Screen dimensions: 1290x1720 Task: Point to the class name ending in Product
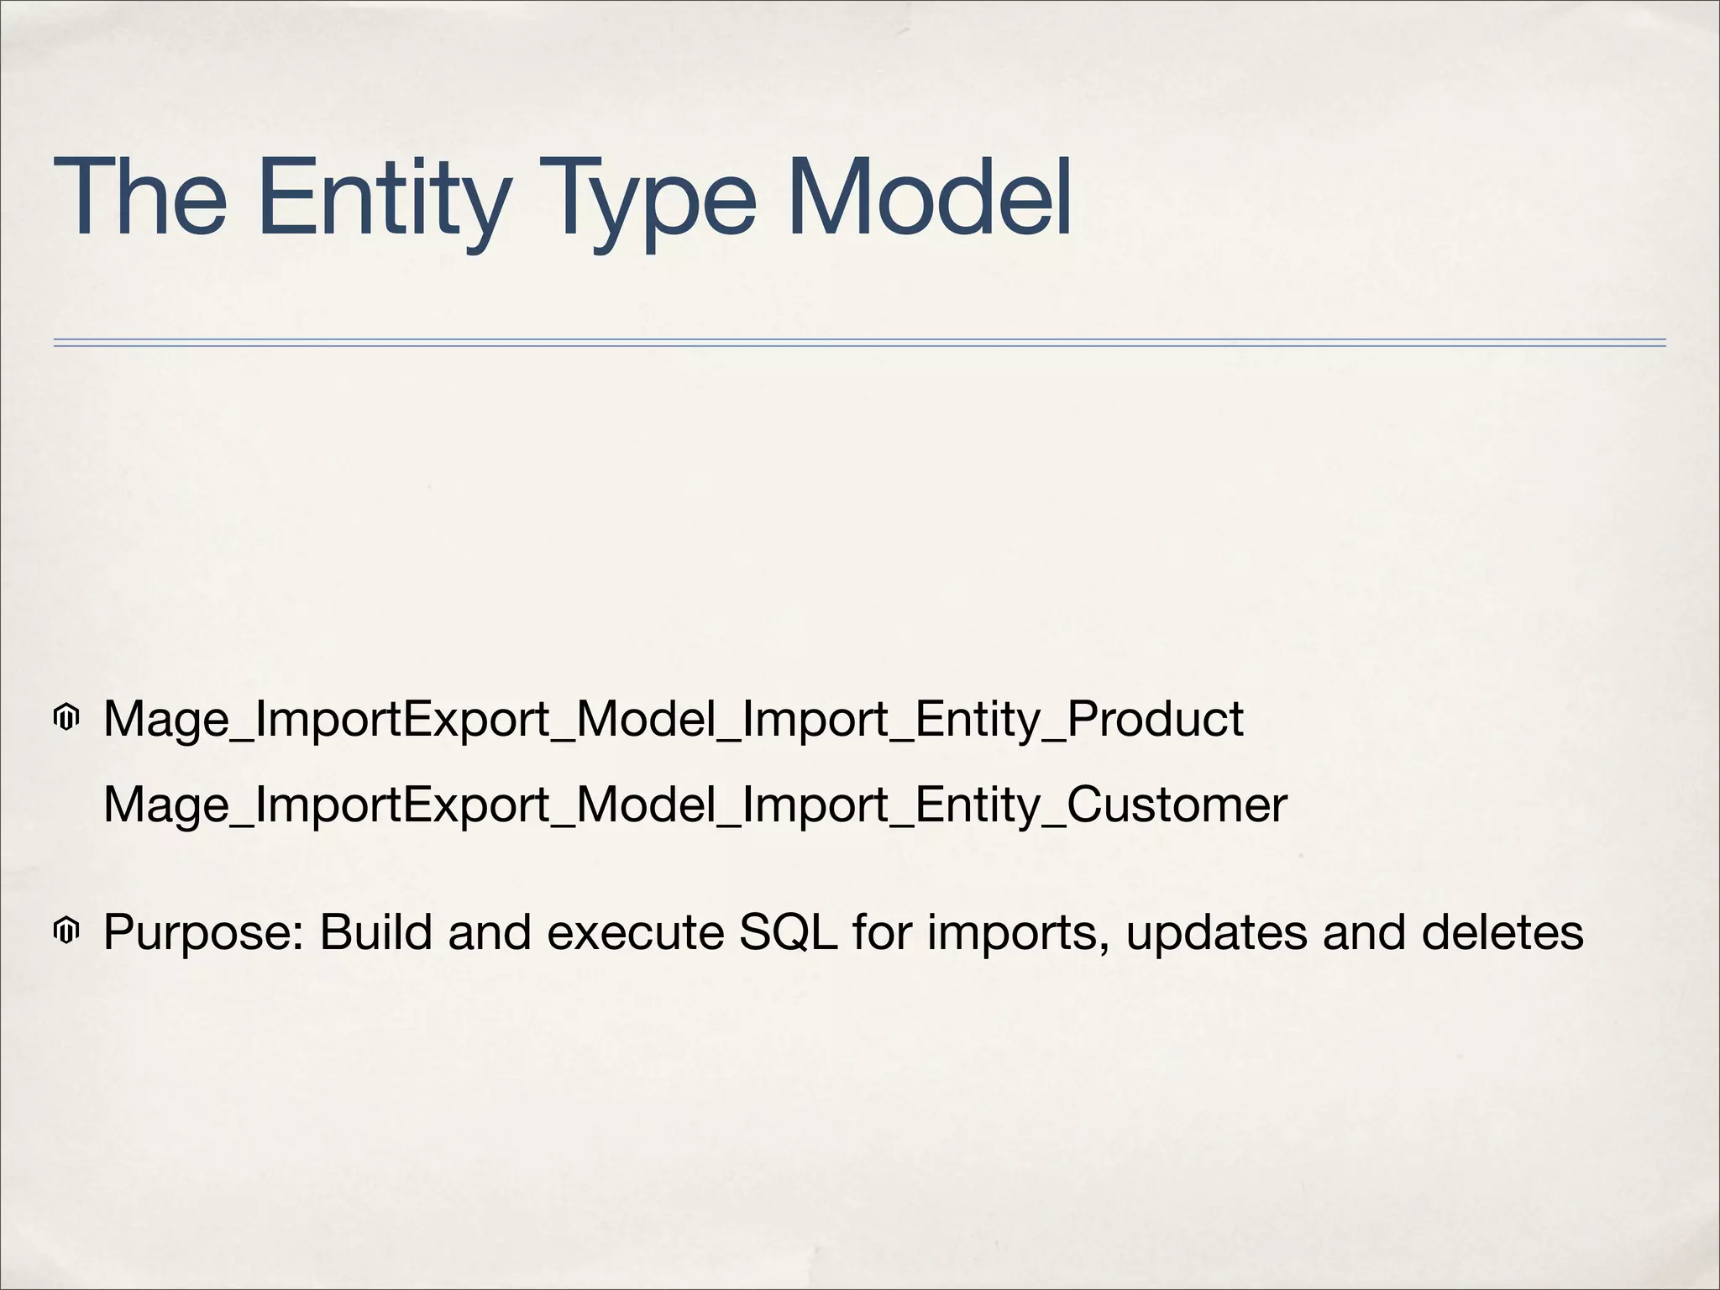[x=673, y=720]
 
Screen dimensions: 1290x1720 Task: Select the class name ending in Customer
[x=695, y=805]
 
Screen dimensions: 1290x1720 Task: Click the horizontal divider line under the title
[x=859, y=343]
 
